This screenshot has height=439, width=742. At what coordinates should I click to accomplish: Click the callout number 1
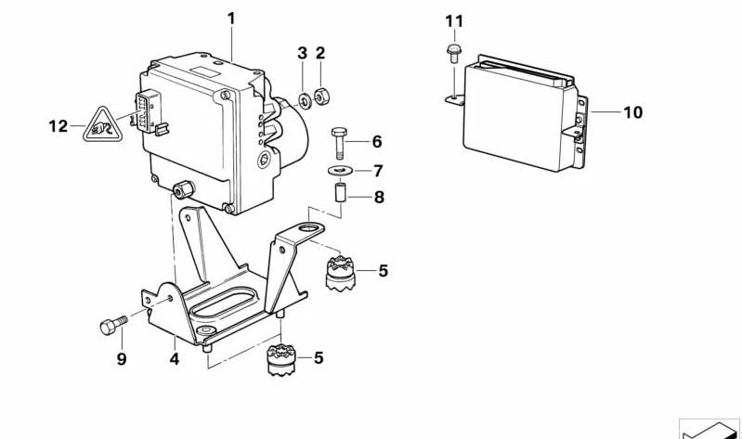click(x=231, y=18)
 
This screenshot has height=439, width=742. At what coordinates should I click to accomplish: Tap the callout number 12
click(x=59, y=125)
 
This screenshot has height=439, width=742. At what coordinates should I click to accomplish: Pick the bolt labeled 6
click(x=339, y=143)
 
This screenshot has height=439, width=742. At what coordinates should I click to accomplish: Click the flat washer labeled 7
click(x=339, y=170)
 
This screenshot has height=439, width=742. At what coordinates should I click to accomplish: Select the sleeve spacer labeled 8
click(x=340, y=197)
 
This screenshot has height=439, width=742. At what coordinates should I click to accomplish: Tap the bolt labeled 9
click(x=111, y=325)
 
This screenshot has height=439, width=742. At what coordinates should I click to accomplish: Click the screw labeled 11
click(x=453, y=52)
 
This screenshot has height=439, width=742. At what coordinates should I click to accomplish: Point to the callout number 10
click(x=632, y=113)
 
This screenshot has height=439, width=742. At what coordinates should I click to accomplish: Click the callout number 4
click(x=175, y=355)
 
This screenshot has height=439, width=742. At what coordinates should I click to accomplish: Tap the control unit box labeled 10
click(x=518, y=116)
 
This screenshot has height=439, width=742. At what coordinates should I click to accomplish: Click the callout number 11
click(x=453, y=20)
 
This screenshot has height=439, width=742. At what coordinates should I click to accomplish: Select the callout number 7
click(x=378, y=170)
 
